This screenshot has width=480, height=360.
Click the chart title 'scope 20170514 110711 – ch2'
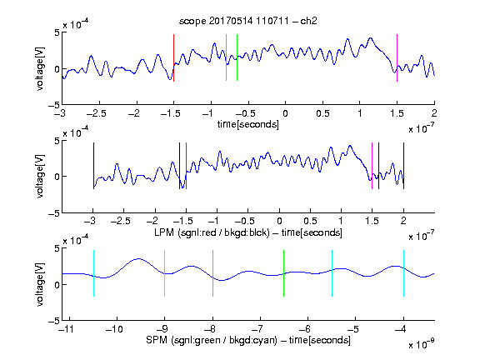tap(248, 21)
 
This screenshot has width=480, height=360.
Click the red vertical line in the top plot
tap(174, 57)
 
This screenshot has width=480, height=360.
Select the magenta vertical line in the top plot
tap(397, 57)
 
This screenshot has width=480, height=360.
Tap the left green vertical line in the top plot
tap(226, 57)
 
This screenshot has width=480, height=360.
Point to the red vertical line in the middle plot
tap(186, 166)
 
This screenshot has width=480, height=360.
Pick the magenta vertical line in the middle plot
tap(372, 166)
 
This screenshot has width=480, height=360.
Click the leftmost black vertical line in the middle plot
tap(93, 166)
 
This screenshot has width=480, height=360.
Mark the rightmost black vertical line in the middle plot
tap(404, 166)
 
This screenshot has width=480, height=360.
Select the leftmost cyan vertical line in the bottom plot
tap(93, 273)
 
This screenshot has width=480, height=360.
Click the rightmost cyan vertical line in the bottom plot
tap(404, 273)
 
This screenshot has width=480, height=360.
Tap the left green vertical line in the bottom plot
tap(212, 273)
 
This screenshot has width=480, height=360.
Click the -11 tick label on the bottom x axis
tap(67, 329)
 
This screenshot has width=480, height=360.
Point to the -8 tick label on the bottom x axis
tap(210, 329)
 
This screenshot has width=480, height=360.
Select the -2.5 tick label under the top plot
tap(97, 113)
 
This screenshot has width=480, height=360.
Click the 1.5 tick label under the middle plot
tap(372, 221)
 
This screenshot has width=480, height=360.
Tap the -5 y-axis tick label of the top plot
tap(54, 105)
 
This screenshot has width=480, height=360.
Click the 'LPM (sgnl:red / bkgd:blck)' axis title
tap(212, 232)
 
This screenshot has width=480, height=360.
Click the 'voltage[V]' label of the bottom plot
tap(40, 284)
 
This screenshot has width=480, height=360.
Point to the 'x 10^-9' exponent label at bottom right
tap(422, 344)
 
